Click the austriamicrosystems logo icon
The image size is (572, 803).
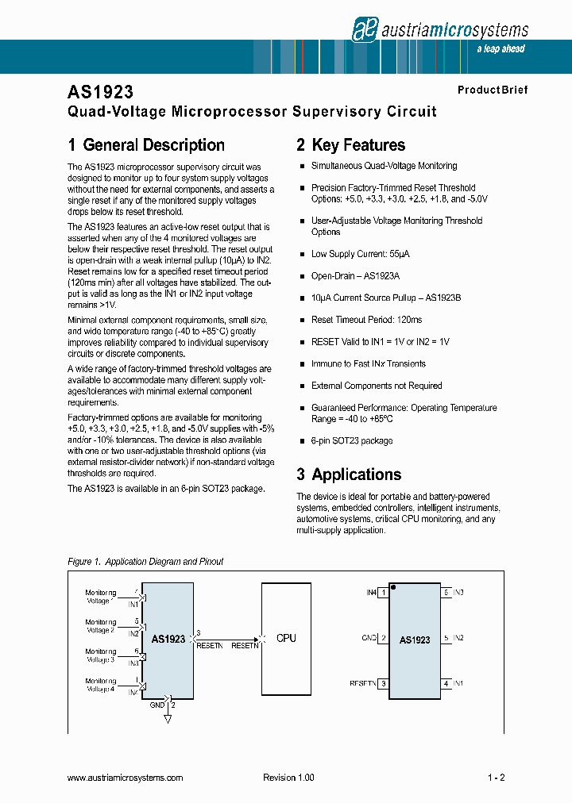[x=363, y=29]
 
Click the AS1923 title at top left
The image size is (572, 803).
[x=101, y=92]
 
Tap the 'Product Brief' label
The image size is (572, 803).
[x=492, y=90]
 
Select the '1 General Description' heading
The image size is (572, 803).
[x=146, y=145]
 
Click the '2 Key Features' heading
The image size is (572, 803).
[x=350, y=145]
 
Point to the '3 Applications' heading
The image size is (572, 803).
[x=349, y=474]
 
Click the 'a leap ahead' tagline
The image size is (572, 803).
[x=500, y=49]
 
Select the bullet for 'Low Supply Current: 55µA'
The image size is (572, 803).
[x=302, y=254]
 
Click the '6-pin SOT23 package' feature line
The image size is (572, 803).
[x=351, y=440]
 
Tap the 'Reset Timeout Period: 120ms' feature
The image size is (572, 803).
[x=366, y=320]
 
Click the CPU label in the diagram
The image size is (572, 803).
[x=286, y=638]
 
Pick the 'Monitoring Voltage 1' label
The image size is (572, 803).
[x=101, y=597]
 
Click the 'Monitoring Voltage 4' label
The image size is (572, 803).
[x=101, y=685]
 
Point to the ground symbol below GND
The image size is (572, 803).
[x=168, y=719]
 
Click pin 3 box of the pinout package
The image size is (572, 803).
[x=383, y=683]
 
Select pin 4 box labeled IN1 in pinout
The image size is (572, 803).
[x=446, y=683]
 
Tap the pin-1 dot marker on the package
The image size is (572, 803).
[x=394, y=589]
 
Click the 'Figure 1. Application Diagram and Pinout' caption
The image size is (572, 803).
[x=145, y=562]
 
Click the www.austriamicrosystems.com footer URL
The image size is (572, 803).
[x=126, y=778]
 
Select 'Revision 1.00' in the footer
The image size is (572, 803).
[x=288, y=778]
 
